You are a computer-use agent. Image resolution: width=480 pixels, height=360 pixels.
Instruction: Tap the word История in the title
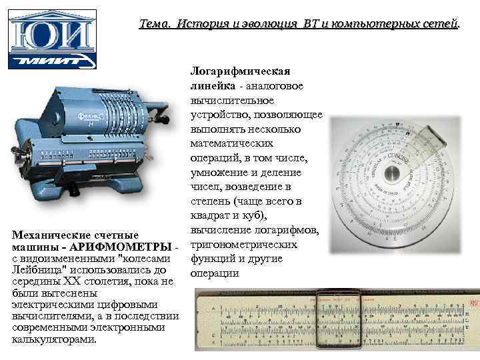click(199, 24)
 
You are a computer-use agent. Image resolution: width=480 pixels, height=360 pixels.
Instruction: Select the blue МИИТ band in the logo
click(52, 61)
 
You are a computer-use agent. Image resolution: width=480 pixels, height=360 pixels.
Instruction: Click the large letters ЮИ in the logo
click(52, 32)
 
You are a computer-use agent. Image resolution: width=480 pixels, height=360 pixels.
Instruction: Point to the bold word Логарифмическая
click(239, 71)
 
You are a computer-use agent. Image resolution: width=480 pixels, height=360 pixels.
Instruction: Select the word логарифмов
click(291, 230)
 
